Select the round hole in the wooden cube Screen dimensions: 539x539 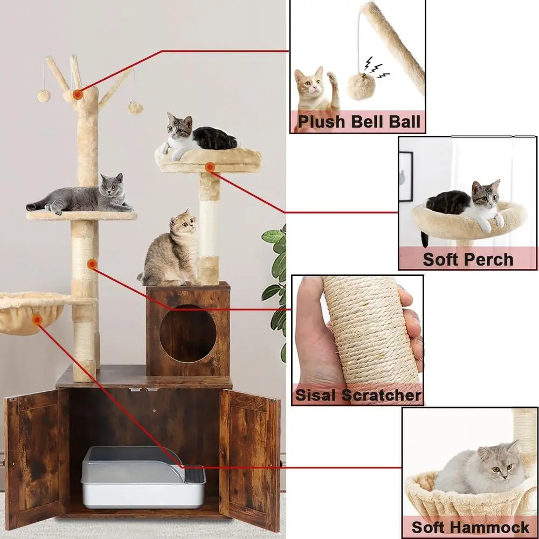(188, 334)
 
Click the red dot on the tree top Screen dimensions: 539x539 (78, 95)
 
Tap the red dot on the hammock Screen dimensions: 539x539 (37, 320)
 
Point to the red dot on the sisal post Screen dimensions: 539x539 (92, 264)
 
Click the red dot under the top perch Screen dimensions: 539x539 (210, 168)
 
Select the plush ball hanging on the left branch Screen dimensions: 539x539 (44, 96)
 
